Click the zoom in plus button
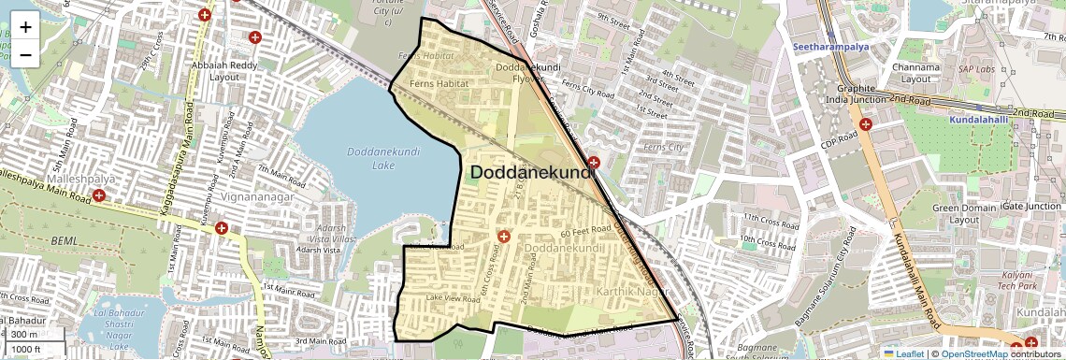click(25, 26)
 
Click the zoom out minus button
click(25, 54)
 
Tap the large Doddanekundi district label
click(532, 173)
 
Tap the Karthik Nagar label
click(630, 294)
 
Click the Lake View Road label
click(453, 297)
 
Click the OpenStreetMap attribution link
click(973, 353)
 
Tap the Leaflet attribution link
click(901, 353)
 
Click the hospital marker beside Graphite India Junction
click(866, 123)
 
